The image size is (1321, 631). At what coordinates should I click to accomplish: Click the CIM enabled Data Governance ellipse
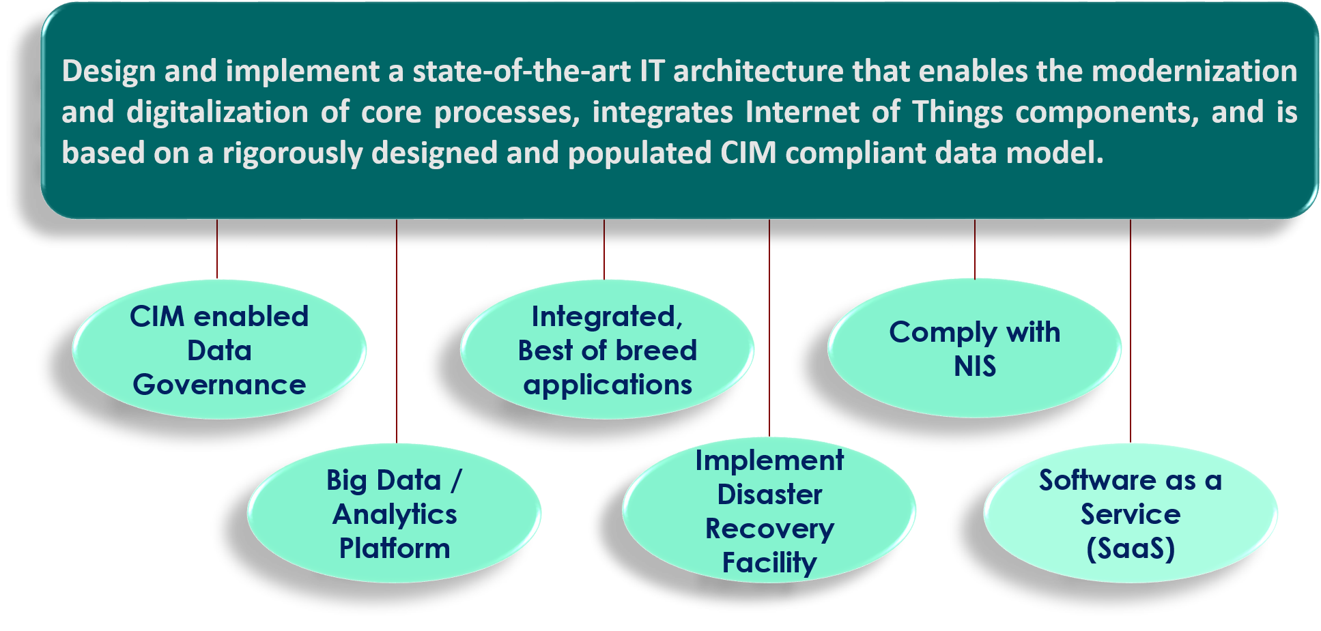point(219,350)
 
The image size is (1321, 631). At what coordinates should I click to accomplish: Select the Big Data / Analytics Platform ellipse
point(395,514)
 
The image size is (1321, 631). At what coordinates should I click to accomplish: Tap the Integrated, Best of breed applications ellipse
point(607,350)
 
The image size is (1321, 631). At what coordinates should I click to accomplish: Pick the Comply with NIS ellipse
point(974,349)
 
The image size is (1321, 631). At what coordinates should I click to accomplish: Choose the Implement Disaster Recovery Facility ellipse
point(769,511)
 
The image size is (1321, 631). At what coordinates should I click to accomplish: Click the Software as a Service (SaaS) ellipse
point(1131,514)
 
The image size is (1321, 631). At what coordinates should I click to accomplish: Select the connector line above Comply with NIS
point(975,249)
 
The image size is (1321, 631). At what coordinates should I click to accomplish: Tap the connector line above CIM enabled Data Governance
point(217,249)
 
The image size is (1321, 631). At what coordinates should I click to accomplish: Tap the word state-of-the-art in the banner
point(522,72)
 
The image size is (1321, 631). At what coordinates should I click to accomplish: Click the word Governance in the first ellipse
point(219,385)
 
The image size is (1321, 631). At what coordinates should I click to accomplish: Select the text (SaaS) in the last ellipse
point(1131,549)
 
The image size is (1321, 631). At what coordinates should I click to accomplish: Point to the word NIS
point(975,367)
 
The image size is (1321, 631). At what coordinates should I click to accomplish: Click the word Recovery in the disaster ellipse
point(769,529)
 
